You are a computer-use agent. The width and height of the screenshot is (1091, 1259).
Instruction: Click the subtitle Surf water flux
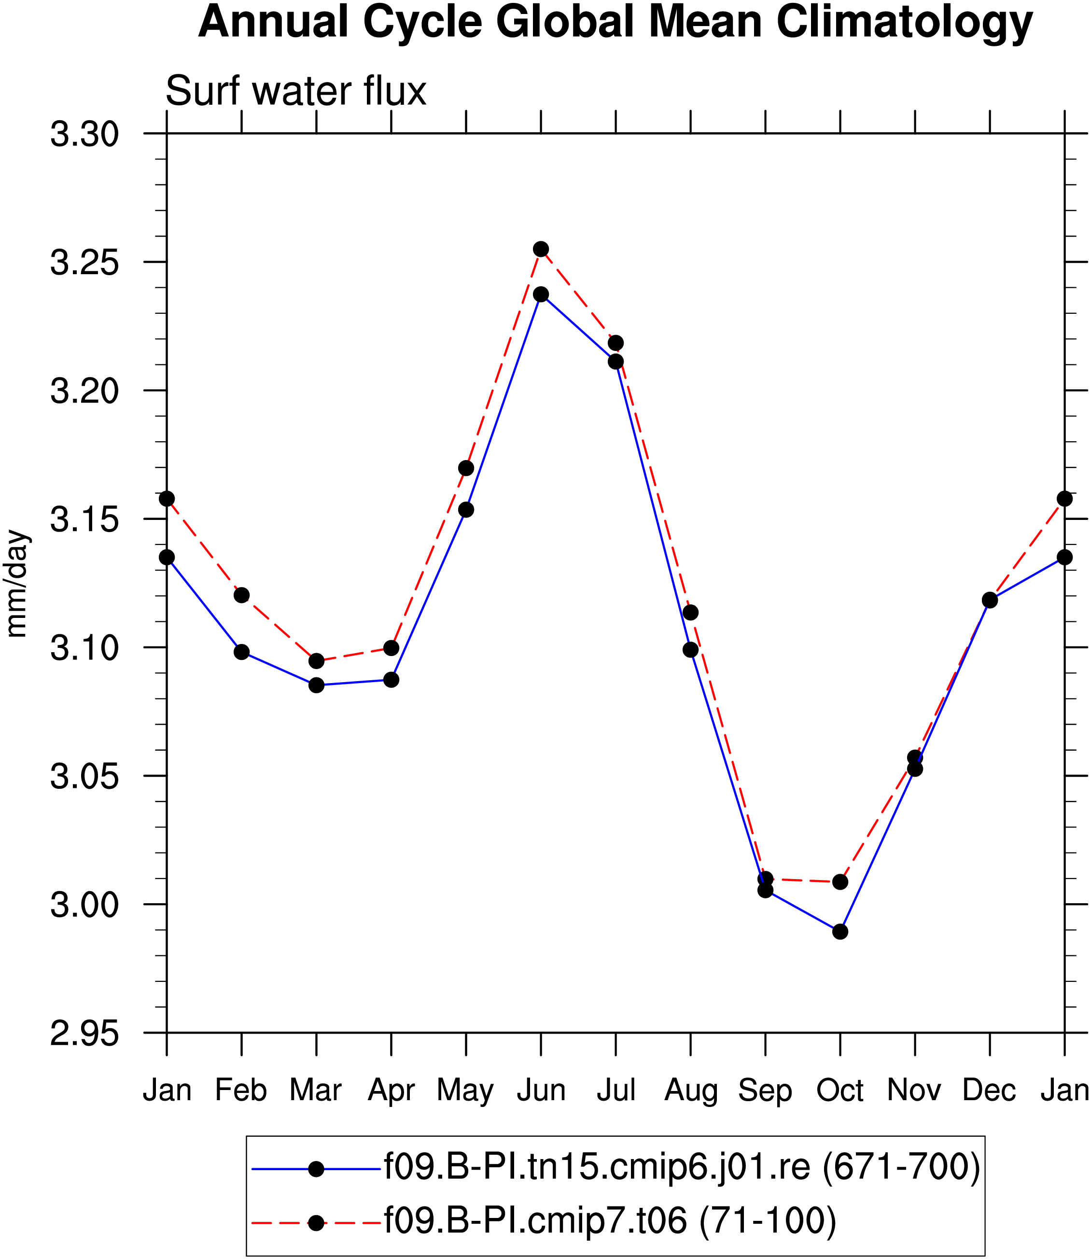[x=296, y=91]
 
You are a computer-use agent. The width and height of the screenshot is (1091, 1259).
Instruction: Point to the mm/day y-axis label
[x=16, y=584]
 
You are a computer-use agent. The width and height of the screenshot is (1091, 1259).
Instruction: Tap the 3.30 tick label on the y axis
[x=84, y=134]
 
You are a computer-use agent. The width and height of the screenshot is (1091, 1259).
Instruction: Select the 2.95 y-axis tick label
[x=84, y=1034]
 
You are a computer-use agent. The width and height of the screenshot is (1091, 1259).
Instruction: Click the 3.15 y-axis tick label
[x=84, y=519]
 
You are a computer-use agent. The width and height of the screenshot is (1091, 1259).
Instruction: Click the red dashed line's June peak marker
[x=541, y=249]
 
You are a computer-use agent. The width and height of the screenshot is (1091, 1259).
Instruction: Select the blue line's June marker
[x=541, y=294]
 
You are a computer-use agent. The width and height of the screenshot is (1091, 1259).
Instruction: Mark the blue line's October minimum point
[x=840, y=932]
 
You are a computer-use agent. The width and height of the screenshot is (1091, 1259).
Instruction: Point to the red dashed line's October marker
[x=840, y=881]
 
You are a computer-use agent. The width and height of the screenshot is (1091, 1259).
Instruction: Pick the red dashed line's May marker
[x=466, y=468]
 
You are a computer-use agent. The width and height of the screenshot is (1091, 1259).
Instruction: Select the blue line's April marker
[x=392, y=679]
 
